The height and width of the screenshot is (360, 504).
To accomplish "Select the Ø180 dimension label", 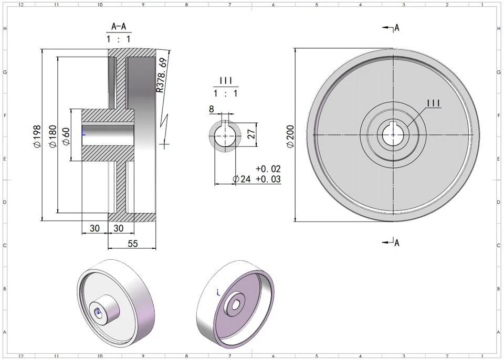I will pos(52,136).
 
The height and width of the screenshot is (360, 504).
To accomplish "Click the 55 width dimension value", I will pos(133,243).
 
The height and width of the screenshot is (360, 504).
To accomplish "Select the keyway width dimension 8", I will pos(211,109).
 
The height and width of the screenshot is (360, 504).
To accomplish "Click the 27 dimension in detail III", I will pos(251,132).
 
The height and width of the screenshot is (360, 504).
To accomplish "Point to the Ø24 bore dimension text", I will pos(242,179).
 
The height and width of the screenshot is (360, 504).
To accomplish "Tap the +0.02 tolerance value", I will pos(268,169).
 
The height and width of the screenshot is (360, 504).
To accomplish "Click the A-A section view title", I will pos(119,26).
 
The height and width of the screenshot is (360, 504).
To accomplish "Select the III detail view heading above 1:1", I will pos(226,80).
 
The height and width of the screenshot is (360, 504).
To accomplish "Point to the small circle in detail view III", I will pos(226,135).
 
